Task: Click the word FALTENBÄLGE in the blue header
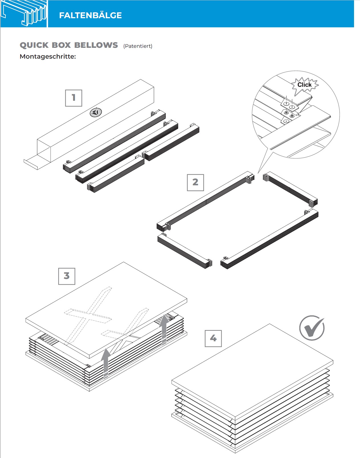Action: pyautogui.click(x=90, y=15)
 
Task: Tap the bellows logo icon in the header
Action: pyautogui.click(x=24, y=14)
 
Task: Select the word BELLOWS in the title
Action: pyautogui.click(x=96, y=45)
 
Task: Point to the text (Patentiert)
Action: pyautogui.click(x=138, y=46)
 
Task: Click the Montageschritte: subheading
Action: pyautogui.click(x=48, y=56)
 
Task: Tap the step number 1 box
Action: pyautogui.click(x=74, y=98)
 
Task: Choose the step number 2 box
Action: pyautogui.click(x=195, y=182)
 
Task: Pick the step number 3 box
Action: pyautogui.click(x=67, y=276)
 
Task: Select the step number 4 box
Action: pyautogui.click(x=213, y=338)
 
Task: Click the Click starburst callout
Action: pyautogui.click(x=304, y=85)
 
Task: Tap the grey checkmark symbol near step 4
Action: pyautogui.click(x=312, y=328)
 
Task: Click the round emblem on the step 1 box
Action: pyautogui.click(x=96, y=112)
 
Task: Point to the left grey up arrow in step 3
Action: pyautogui.click(x=106, y=363)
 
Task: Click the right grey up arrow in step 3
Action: pyautogui.click(x=164, y=330)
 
